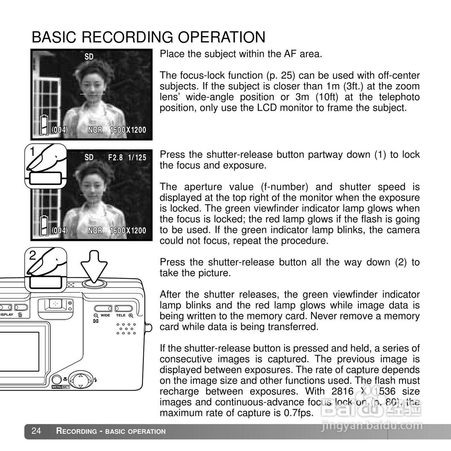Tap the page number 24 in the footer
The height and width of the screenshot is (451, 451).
pyautogui.click(x=36, y=431)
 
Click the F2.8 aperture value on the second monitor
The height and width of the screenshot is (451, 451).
pyautogui.click(x=115, y=157)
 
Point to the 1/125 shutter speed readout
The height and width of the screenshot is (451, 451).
pyautogui.click(x=137, y=157)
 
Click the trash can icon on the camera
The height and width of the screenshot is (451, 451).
pyautogui.click(x=20, y=315)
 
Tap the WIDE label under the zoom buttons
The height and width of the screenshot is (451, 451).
pyautogui.click(x=105, y=315)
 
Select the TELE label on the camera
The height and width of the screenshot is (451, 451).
pyautogui.click(x=121, y=315)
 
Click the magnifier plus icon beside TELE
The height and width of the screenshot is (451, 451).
pyautogui.click(x=131, y=315)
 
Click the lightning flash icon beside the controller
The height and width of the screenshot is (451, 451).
pyautogui.click(x=96, y=380)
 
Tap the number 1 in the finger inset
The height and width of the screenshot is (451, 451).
pyautogui.click(x=32, y=152)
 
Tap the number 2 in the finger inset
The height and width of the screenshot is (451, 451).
pyautogui.click(x=32, y=255)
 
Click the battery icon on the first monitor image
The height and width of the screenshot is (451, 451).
pyautogui.click(x=43, y=125)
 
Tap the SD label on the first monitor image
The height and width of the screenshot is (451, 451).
pyautogui.click(x=89, y=57)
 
